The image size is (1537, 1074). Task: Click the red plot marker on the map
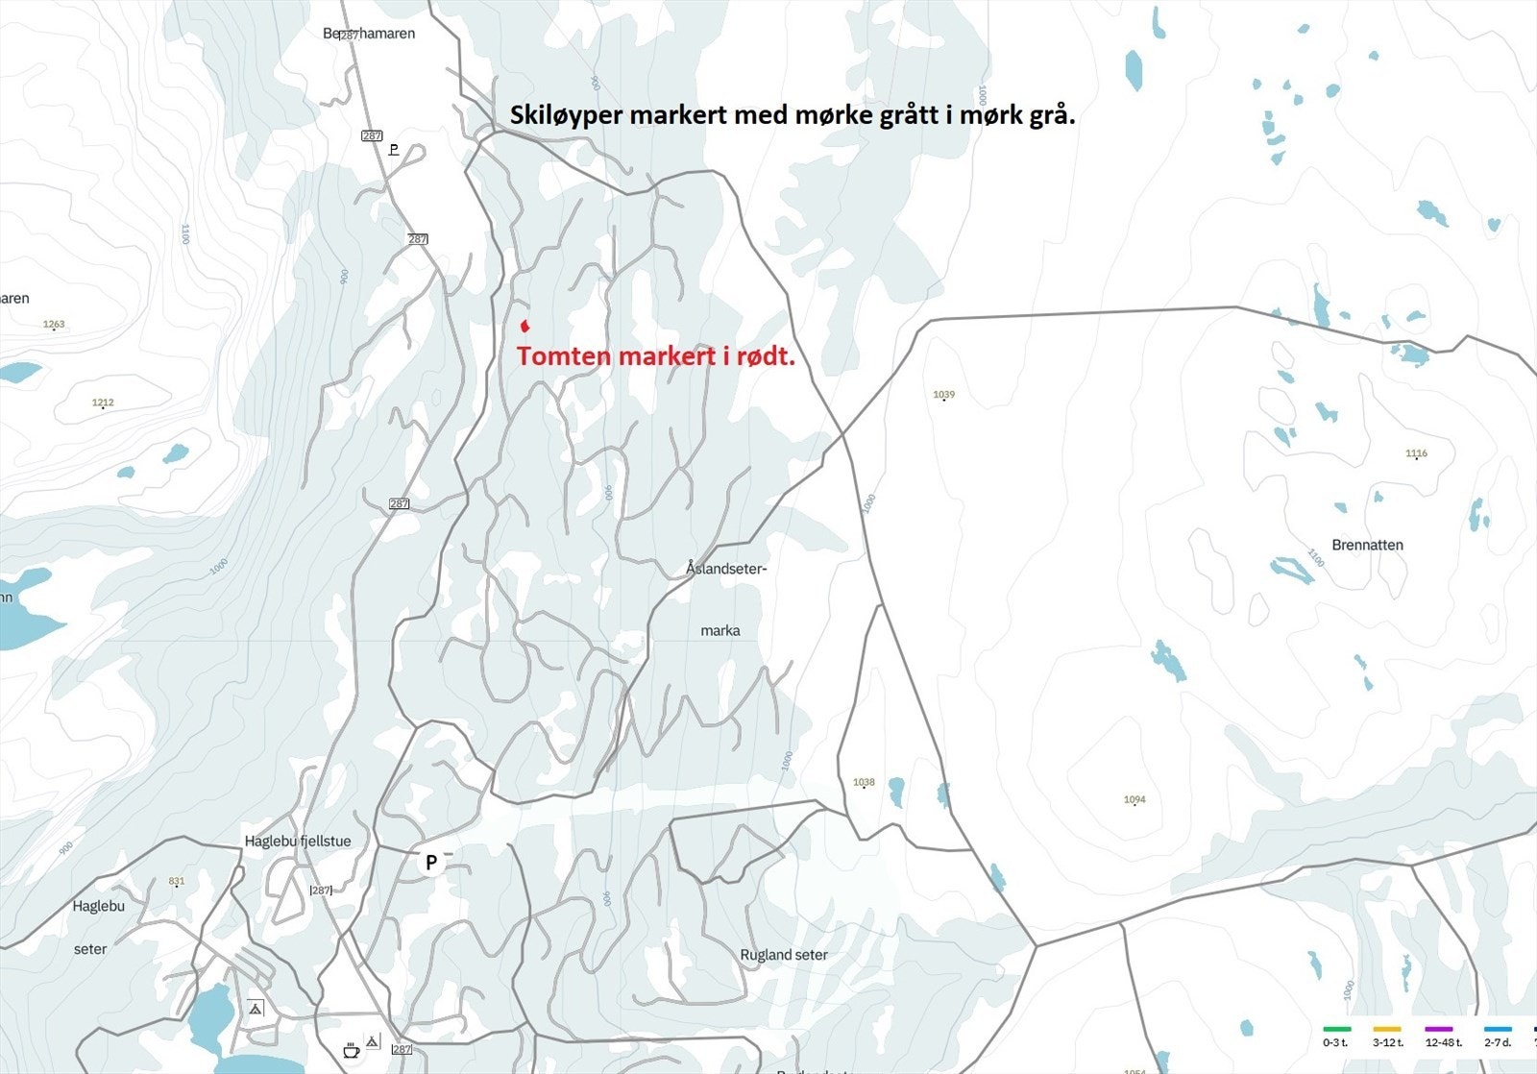[525, 325]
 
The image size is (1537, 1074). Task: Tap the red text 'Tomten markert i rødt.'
[656, 356]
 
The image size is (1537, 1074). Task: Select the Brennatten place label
[1367, 545]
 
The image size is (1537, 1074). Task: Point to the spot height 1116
[1416, 453]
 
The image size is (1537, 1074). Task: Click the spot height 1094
[1134, 799]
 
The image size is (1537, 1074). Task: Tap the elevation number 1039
[943, 395]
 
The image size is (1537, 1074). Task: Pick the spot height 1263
[54, 325]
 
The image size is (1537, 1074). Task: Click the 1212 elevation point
[103, 403]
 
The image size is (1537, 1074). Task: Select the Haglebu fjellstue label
[298, 842]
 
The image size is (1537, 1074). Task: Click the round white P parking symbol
[431, 862]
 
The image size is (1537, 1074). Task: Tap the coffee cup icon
[351, 1050]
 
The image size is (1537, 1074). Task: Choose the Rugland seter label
[784, 955]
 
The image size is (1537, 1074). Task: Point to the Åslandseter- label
[726, 569]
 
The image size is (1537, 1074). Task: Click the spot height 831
[176, 881]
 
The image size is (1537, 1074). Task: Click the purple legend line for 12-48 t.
[1438, 1029]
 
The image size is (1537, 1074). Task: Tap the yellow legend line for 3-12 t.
[1387, 1029]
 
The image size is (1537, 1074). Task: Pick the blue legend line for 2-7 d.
[1497, 1029]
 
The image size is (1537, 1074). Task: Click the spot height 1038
[864, 783]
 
